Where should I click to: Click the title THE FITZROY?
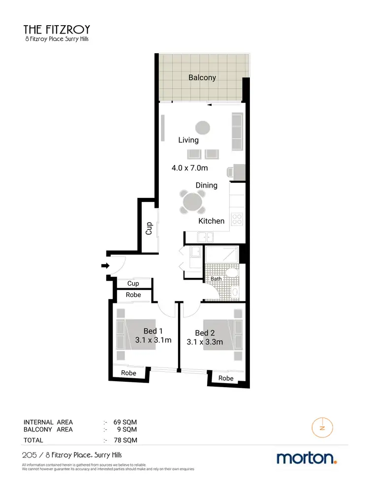[57, 29]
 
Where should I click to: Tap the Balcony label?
[202, 77]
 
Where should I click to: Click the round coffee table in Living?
[202, 128]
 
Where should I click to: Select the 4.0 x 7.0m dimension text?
[190, 168]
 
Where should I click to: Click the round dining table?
[192, 201]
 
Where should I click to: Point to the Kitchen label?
[211, 221]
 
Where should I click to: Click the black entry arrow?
[105, 266]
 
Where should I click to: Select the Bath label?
[216, 279]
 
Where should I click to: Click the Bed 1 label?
[153, 331]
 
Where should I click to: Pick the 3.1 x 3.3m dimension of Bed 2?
[205, 342]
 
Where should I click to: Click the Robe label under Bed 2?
[226, 378]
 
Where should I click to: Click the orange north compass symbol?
[322, 427]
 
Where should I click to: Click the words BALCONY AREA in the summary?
[48, 429]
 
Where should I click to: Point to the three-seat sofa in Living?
[237, 132]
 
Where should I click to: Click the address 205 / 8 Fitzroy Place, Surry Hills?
[72, 455]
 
